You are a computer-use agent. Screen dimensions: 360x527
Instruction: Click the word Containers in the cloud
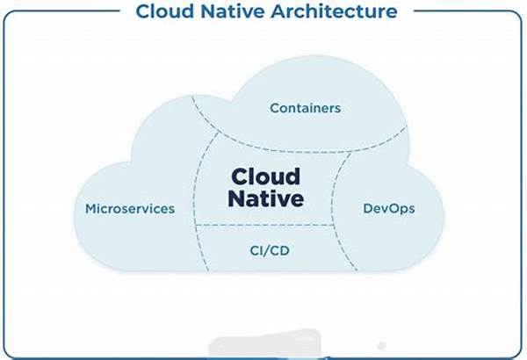click(305, 108)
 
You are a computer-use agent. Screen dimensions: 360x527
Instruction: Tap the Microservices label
click(130, 209)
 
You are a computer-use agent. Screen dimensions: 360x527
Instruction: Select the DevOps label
click(388, 209)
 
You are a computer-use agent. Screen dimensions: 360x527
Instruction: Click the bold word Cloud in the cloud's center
click(266, 176)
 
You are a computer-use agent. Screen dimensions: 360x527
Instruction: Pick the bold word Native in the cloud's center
click(266, 199)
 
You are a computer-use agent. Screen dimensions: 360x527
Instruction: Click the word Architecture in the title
click(334, 11)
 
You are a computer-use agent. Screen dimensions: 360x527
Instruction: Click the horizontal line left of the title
click(61, 11)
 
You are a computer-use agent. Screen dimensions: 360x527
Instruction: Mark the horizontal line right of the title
click(461, 11)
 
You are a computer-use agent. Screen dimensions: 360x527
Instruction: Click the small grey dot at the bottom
click(380, 346)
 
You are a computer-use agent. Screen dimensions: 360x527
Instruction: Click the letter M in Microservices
click(90, 209)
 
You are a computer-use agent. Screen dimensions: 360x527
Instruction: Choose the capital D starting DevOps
click(368, 209)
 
